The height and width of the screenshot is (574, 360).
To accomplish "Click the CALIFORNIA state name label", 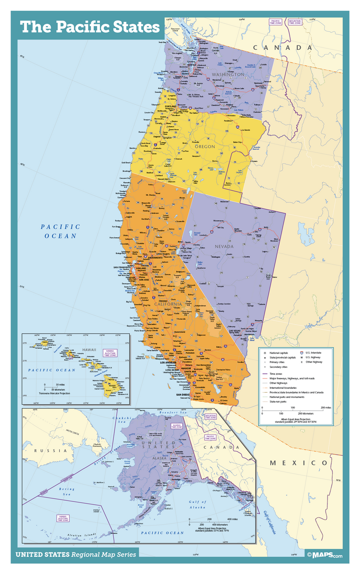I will point(167,304).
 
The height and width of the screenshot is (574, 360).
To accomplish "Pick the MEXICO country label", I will point(298,463).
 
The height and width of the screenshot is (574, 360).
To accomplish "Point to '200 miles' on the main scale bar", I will point(326,407).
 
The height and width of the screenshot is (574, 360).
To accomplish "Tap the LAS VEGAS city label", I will point(235,331).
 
